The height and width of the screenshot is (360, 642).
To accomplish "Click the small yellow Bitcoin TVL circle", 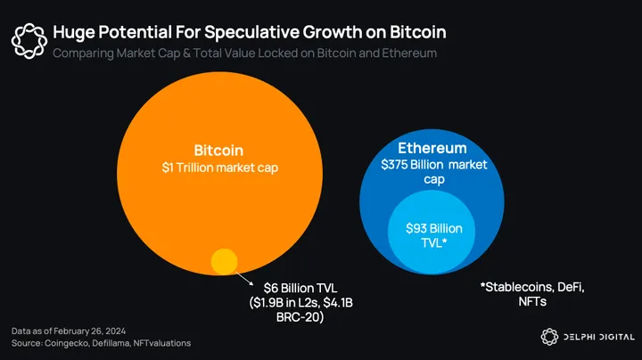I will (x=223, y=261).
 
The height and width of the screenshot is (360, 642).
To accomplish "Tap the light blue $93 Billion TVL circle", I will (x=433, y=234).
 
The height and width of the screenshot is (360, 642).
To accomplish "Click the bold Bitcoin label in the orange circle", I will (x=218, y=151).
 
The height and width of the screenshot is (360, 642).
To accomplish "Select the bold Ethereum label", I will (x=432, y=148).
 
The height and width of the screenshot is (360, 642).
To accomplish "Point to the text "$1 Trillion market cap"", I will (x=218, y=168).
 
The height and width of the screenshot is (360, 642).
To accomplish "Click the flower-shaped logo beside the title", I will (x=28, y=39).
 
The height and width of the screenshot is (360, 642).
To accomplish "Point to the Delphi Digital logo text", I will (x=598, y=336).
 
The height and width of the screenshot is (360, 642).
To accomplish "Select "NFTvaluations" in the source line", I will (x=160, y=343).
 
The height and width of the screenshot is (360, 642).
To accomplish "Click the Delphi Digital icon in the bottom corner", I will (x=551, y=336).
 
